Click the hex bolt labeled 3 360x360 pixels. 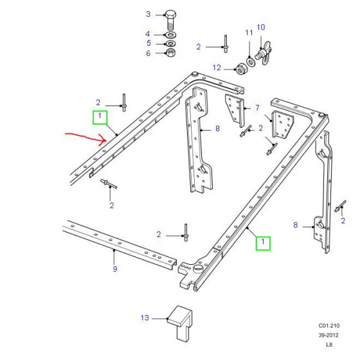tap(170, 20)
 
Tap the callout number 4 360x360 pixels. tap(148, 34)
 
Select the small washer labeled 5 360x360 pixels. tap(170, 43)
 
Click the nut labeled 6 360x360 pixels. tap(170, 53)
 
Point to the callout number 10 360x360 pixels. tap(261, 27)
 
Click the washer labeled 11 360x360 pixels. tap(250, 62)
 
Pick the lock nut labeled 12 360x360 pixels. tap(242, 69)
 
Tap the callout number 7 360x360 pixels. tap(257, 107)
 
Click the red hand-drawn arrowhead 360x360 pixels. tap(103, 140)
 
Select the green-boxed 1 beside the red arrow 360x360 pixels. tap(100, 117)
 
